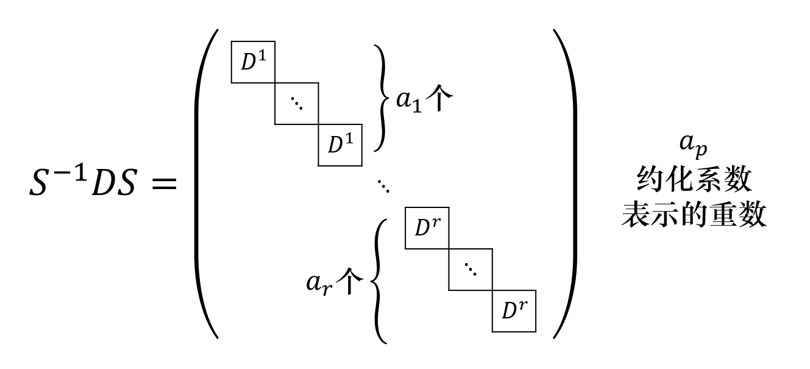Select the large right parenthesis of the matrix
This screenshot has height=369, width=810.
(565, 183)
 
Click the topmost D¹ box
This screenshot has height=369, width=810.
(253, 62)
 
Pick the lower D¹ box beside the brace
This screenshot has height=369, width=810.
(340, 145)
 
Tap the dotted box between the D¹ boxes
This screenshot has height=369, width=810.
(297, 104)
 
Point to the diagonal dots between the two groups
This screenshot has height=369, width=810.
(383, 187)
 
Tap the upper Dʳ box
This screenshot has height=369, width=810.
(427, 228)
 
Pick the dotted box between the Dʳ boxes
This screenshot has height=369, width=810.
(470, 269)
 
